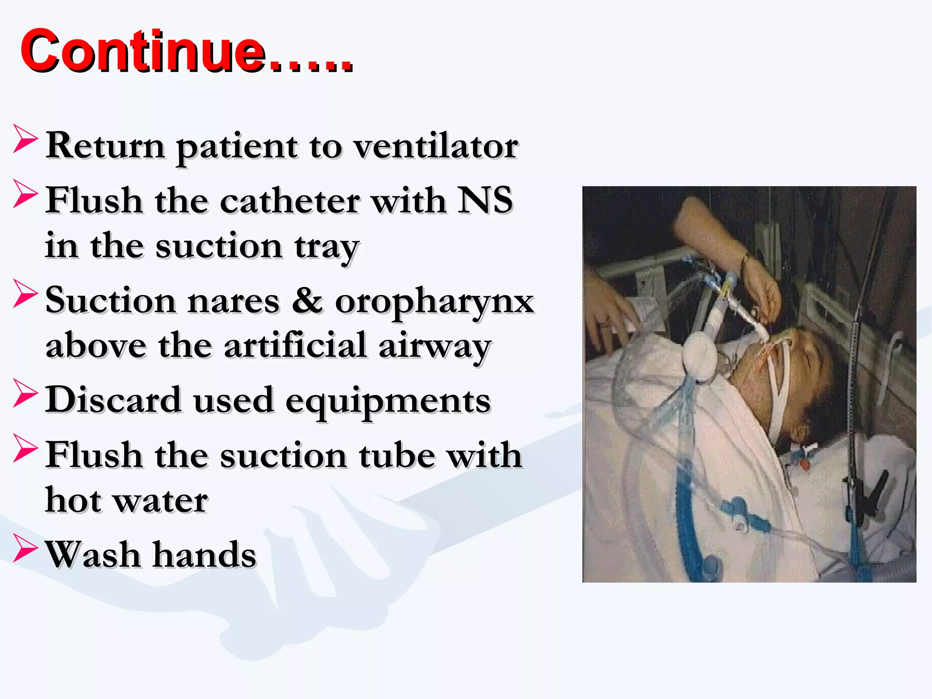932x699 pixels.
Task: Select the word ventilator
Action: click(436, 147)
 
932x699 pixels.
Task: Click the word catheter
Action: click(290, 201)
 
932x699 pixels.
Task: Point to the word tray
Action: click(327, 248)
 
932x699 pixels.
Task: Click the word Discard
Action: click(114, 400)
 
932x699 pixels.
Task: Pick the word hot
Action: click(73, 500)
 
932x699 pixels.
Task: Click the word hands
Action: click(204, 555)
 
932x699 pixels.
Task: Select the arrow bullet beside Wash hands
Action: click(25, 548)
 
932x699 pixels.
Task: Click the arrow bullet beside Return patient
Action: click(25, 139)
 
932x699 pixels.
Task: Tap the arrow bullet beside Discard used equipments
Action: click(25, 394)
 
